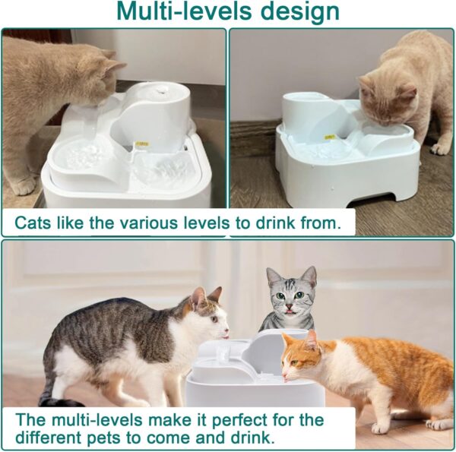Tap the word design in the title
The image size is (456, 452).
pos(297,13)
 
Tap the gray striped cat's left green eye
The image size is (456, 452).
pos(281,296)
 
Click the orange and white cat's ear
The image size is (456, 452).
pos(311,338)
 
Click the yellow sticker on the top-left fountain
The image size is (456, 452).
pos(141,142)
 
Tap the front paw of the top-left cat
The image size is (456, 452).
pos(22,186)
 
